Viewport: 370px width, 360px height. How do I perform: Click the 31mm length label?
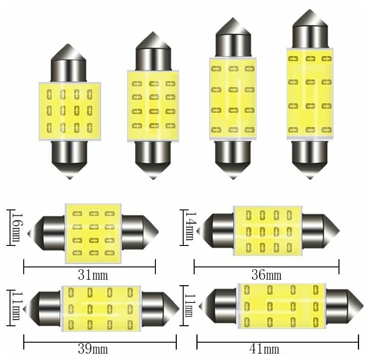[x=90, y=275]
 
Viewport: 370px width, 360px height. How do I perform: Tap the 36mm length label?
[x=266, y=275]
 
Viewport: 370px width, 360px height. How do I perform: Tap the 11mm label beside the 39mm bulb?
[x=16, y=307]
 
